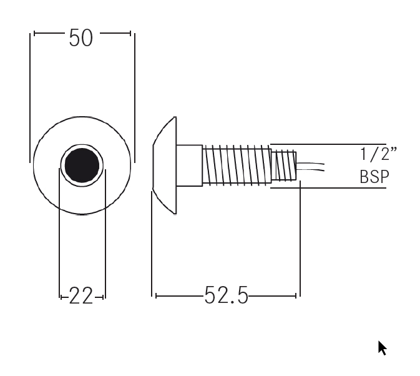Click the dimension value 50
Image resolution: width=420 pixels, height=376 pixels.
coord(81,38)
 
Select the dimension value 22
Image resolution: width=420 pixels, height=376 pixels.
coord(81,295)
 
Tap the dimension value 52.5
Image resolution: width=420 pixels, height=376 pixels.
coord(227,295)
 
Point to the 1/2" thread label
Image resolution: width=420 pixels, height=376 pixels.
coord(378,154)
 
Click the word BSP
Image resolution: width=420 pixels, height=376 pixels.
coord(374,177)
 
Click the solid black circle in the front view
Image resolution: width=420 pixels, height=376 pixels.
coord(82,165)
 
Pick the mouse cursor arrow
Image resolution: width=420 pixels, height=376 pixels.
coord(383,348)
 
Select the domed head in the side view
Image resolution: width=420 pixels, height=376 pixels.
coord(165,166)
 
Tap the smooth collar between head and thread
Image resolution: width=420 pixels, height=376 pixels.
coord(189,166)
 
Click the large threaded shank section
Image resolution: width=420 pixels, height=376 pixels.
coord(237,165)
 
